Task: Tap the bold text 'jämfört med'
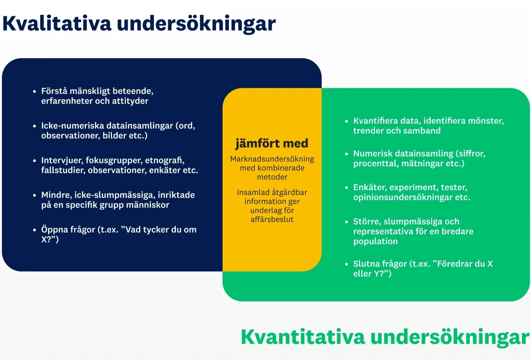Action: (x=272, y=144)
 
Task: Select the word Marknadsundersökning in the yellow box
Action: (x=272, y=159)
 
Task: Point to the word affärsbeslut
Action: (x=272, y=219)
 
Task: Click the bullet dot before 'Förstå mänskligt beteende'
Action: (x=35, y=91)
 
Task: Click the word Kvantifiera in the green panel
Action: (x=376, y=121)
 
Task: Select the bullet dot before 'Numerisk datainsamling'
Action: (x=347, y=154)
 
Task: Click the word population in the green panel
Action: (x=375, y=242)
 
